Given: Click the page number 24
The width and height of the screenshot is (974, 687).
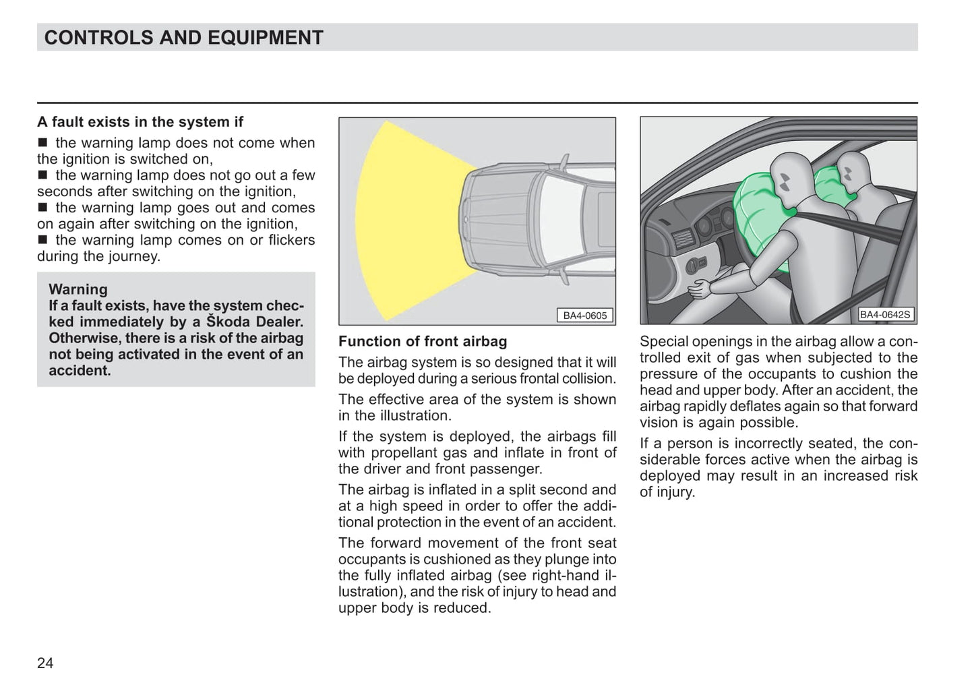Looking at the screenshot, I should point(45,663).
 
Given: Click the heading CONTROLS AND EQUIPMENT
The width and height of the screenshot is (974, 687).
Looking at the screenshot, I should point(183,38).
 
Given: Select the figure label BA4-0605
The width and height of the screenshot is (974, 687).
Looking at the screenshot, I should point(584,315).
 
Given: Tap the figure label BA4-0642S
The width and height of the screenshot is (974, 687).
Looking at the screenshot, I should point(886,314).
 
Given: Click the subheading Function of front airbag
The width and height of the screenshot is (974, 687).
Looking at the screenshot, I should point(423,342).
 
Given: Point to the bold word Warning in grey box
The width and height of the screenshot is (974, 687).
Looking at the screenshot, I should point(78,289).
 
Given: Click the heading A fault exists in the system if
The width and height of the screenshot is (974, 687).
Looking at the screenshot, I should point(140,122).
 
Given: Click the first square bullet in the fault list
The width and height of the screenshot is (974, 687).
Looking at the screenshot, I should point(43,143).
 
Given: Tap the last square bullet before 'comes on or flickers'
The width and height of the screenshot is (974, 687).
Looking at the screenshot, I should point(43,240).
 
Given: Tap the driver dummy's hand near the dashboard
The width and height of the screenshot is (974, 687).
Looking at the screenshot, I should point(699,289).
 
